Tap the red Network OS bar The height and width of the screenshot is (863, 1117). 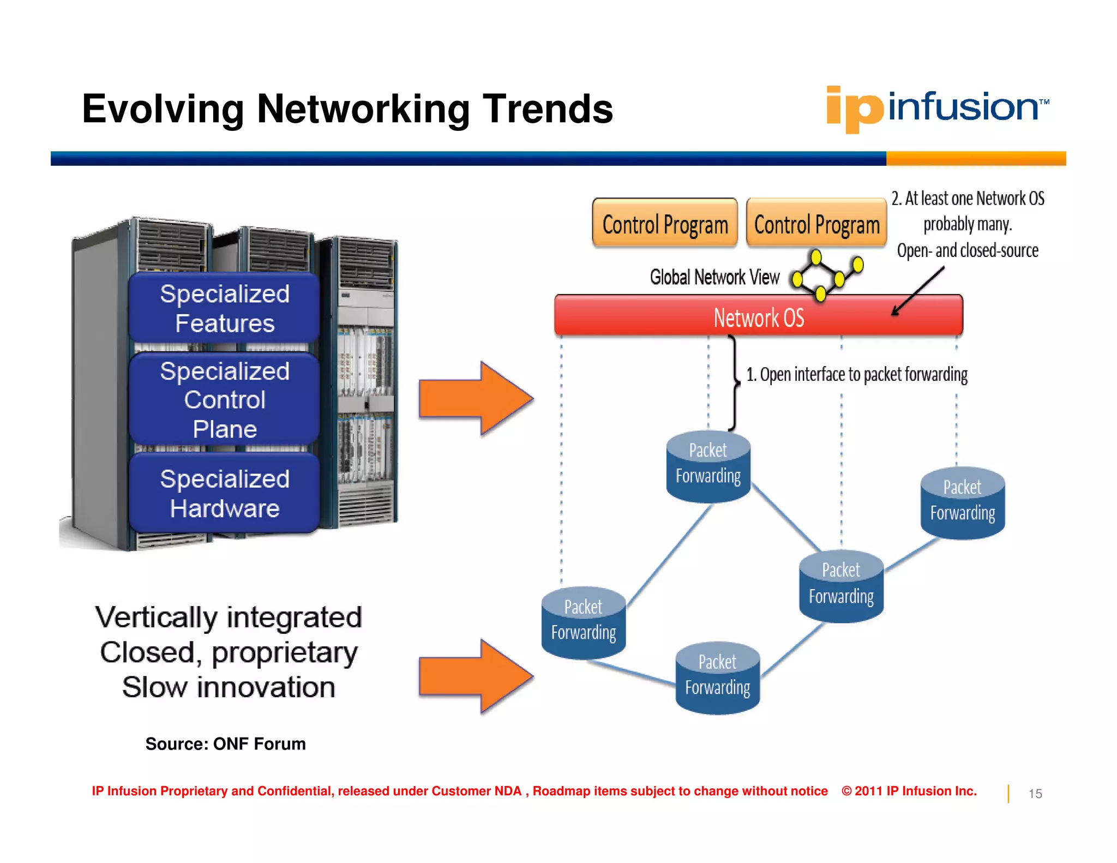(x=758, y=316)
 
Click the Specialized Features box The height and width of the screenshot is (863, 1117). (x=224, y=308)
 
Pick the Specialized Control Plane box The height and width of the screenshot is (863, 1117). (x=224, y=399)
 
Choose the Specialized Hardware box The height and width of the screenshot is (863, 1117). (x=224, y=493)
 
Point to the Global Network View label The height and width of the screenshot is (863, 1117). (x=714, y=277)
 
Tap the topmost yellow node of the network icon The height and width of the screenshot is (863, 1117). (x=816, y=256)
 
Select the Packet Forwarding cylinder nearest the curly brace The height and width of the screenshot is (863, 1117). (x=708, y=467)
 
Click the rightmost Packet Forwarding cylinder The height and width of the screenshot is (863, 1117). (x=962, y=503)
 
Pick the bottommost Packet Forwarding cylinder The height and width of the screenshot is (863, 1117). (x=717, y=678)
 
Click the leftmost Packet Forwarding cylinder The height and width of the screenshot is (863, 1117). (x=583, y=622)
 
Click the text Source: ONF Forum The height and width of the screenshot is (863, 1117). (x=225, y=744)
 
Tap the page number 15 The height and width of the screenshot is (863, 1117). (x=1035, y=794)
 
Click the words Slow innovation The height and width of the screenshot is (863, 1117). (x=229, y=687)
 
